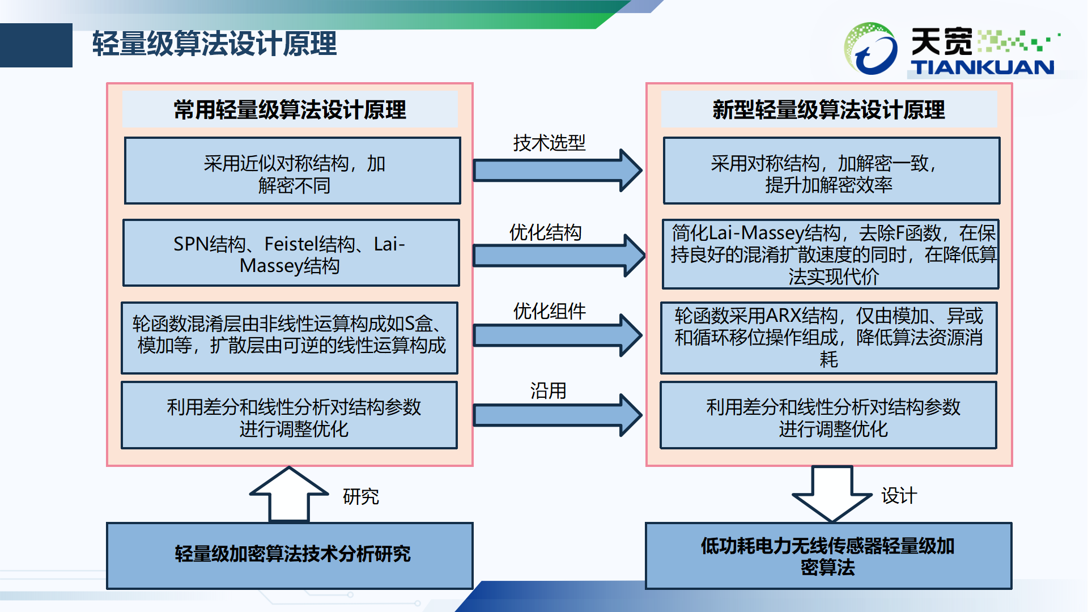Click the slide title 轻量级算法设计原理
coord(214,44)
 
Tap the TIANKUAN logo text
coord(983,67)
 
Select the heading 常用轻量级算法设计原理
coord(290,110)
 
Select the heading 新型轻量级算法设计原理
coord(828,110)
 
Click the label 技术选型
coord(549,143)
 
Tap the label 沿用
coord(548,390)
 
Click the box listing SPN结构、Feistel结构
coord(291,253)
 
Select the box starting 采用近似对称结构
coord(292,171)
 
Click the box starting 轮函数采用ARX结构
coord(828,338)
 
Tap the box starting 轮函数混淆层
coord(290,338)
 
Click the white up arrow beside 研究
coord(289,494)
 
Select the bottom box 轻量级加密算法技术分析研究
coord(290,555)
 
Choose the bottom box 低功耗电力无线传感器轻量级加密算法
coord(828,555)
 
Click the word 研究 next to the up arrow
coord(361,496)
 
